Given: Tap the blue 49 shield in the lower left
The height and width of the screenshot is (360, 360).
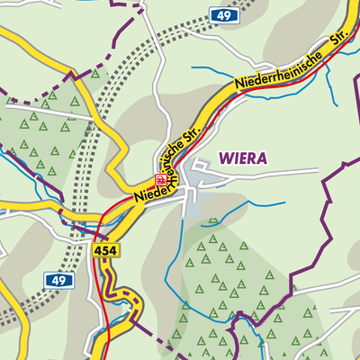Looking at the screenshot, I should point(57,282).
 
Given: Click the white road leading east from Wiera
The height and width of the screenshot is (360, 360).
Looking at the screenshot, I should point(270,172).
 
